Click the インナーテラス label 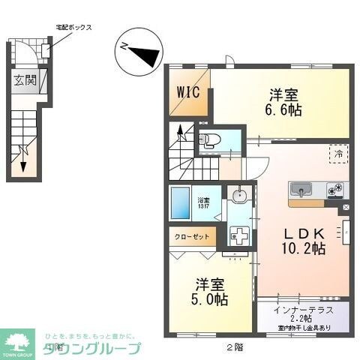click(303, 308)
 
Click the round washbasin click(239, 196)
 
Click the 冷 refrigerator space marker click(338, 153)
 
